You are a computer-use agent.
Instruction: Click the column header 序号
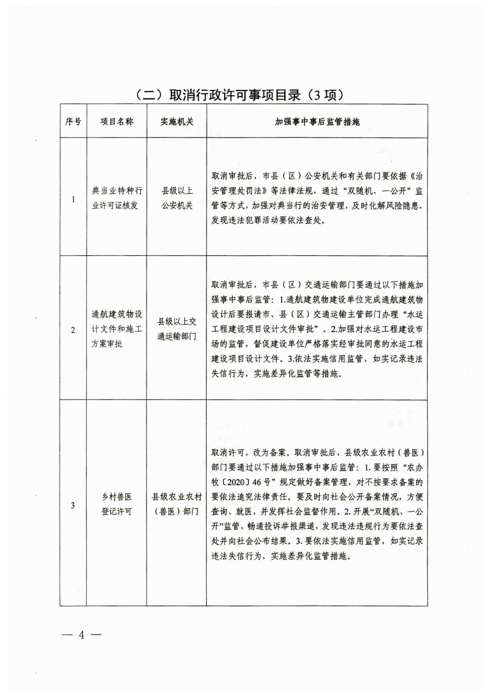click(x=73, y=121)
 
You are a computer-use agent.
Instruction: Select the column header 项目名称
click(x=117, y=121)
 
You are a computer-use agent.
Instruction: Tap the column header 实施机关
click(x=177, y=121)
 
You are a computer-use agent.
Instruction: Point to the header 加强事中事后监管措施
click(x=317, y=122)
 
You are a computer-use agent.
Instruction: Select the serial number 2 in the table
click(x=73, y=330)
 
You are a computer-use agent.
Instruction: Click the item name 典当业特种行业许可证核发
click(x=117, y=198)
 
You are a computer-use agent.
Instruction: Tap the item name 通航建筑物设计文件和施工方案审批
click(x=117, y=329)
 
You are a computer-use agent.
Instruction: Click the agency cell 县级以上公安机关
click(x=177, y=198)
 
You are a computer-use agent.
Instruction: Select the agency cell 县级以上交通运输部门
click(x=177, y=329)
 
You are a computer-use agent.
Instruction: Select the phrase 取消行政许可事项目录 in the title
click(x=235, y=95)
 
